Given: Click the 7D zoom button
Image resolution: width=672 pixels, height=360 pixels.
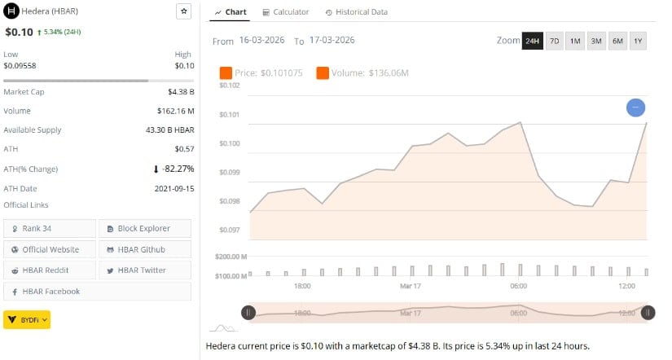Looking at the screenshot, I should pyautogui.click(x=554, y=41).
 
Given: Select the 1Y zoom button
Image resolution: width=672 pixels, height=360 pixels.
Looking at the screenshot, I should pyautogui.click(x=637, y=41).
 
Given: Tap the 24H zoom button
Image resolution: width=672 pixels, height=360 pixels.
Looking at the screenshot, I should pyautogui.click(x=532, y=41).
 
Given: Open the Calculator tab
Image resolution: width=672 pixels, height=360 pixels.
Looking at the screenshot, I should pyautogui.click(x=285, y=12).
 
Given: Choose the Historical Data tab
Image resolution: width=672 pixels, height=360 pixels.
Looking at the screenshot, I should pyautogui.click(x=356, y=12).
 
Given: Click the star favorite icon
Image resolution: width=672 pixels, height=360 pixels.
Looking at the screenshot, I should pyautogui.click(x=183, y=11).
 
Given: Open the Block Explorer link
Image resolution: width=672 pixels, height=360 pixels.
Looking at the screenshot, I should pyautogui.click(x=144, y=228).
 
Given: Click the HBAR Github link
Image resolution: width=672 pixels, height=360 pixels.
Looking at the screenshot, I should pyautogui.click(x=144, y=249).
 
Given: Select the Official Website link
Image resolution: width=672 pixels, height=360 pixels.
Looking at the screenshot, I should pyautogui.click(x=50, y=249).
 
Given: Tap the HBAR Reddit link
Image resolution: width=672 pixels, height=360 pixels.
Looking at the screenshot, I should pyautogui.click(x=50, y=270).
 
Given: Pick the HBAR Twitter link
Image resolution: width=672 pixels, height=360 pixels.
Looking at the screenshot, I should pyautogui.click(x=144, y=270).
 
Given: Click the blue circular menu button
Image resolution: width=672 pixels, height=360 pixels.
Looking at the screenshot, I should pyautogui.click(x=636, y=107).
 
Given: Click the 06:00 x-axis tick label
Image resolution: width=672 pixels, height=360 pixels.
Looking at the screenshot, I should pyautogui.click(x=519, y=287).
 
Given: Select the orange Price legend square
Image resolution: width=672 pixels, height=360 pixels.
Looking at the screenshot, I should pyautogui.click(x=226, y=73).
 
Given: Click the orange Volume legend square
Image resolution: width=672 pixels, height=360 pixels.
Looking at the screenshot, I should pyautogui.click(x=323, y=73).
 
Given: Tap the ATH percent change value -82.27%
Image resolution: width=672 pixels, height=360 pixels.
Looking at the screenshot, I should pyautogui.click(x=178, y=169).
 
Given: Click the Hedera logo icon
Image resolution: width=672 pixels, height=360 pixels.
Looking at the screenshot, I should pyautogui.click(x=11, y=11).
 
